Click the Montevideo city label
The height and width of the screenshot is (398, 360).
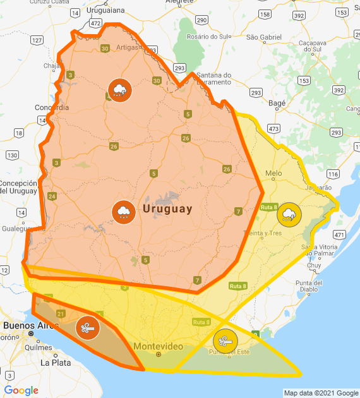pyautogui.click(x=159, y=347)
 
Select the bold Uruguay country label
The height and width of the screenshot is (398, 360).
pyautogui.click(x=167, y=208)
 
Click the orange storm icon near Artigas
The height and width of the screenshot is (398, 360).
pyautogui.click(x=119, y=90)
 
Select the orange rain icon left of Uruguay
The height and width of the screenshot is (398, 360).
pyautogui.click(x=123, y=212)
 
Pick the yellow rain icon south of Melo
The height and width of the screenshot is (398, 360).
pyautogui.click(x=289, y=214)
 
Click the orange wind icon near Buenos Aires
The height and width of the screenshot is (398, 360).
pyautogui.click(x=87, y=328)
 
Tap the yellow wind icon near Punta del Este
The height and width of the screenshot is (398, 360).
pyautogui.click(x=225, y=342)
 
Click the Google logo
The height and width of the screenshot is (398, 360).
pyautogui.click(x=21, y=390)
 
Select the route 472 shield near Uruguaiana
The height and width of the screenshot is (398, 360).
pyautogui.click(x=96, y=23)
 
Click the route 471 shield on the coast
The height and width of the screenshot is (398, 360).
pyautogui.click(x=339, y=234)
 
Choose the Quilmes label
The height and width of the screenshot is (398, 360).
pyautogui.click(x=38, y=347)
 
